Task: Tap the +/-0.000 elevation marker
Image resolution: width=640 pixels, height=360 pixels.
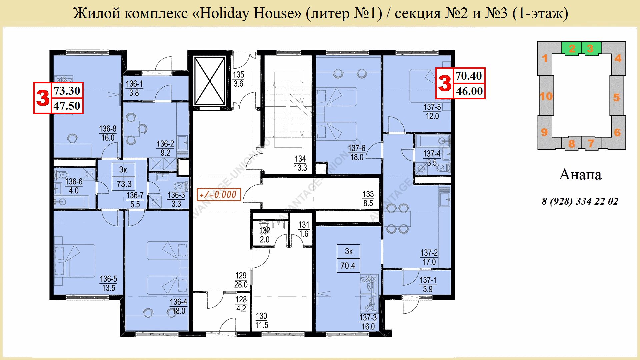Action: [219, 194]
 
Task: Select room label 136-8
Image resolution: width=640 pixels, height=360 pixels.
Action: [108, 133]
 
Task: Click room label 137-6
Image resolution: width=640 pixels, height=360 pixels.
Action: [357, 153]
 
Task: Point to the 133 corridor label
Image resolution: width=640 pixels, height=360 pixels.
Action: [368, 199]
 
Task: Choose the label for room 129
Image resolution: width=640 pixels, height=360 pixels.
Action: [241, 280]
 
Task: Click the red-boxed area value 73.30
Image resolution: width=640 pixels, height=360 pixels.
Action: [67, 91]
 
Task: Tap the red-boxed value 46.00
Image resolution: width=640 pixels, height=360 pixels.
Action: [469, 91]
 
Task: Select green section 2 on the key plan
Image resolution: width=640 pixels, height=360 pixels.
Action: [572, 49]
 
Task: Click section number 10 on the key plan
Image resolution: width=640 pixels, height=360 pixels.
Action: [546, 96]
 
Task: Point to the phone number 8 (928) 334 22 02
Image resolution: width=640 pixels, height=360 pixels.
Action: [580, 201]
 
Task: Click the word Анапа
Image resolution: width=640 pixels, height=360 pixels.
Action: [580, 175]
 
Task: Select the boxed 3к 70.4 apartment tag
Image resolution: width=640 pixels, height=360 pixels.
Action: [348, 259]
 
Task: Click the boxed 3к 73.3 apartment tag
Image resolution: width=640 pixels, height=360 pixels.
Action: [124, 177]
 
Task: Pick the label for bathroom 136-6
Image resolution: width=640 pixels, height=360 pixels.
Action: [74, 186]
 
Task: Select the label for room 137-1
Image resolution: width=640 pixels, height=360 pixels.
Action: [428, 285]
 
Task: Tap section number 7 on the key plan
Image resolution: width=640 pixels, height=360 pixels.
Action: [591, 144]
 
